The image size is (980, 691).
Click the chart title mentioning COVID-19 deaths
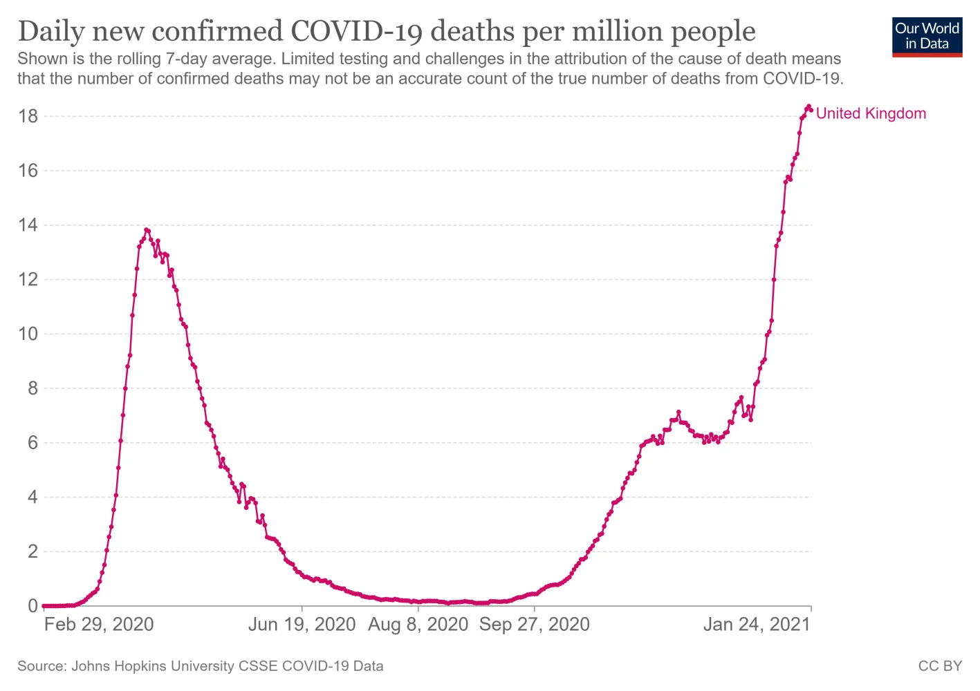click(x=386, y=31)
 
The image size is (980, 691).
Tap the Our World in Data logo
click(x=927, y=37)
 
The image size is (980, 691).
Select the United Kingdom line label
click(x=871, y=114)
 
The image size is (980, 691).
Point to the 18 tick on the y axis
click(x=28, y=116)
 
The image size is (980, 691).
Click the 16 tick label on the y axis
click(x=28, y=171)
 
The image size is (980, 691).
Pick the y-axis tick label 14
click(x=28, y=225)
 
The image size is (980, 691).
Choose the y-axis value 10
click(x=28, y=334)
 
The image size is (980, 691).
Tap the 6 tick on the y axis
click(x=33, y=443)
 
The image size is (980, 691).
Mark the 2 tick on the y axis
click(x=33, y=552)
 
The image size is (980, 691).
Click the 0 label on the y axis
click(x=33, y=606)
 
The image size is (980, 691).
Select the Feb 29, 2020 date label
click(x=99, y=625)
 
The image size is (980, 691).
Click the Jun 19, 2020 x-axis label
click(x=302, y=625)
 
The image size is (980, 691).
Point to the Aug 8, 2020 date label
click(x=418, y=625)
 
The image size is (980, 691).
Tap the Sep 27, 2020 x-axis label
click(x=535, y=625)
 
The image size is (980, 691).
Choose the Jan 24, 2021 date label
click(x=757, y=625)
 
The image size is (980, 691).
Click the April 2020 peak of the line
click(x=146, y=230)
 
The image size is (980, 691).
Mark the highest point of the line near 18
click(x=808, y=107)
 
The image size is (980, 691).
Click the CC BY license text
click(x=940, y=666)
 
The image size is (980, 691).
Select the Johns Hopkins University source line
click(x=201, y=666)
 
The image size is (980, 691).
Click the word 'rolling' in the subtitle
click(x=137, y=59)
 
